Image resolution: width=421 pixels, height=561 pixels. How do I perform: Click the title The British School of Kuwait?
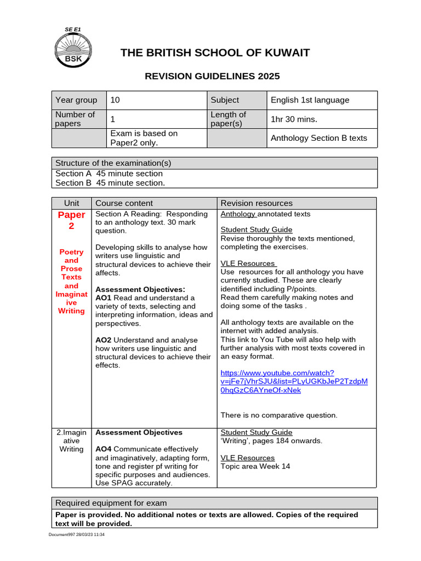(215, 53)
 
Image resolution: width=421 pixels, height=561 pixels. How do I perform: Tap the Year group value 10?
(115, 100)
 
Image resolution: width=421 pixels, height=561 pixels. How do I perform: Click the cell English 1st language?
(310, 100)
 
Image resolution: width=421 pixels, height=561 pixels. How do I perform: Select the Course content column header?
(124, 203)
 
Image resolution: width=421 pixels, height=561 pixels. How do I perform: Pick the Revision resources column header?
(257, 203)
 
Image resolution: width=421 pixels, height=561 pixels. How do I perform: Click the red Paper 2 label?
(72, 220)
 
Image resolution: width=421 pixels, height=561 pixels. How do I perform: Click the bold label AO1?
(104, 297)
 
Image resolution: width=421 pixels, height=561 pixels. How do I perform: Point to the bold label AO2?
(104, 340)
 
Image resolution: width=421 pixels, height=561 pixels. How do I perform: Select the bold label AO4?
(104, 449)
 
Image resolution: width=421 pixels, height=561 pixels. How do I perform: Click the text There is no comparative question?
(279, 415)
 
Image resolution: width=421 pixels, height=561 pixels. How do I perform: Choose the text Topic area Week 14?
(255, 466)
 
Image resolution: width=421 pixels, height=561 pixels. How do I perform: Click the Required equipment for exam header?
(111, 503)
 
